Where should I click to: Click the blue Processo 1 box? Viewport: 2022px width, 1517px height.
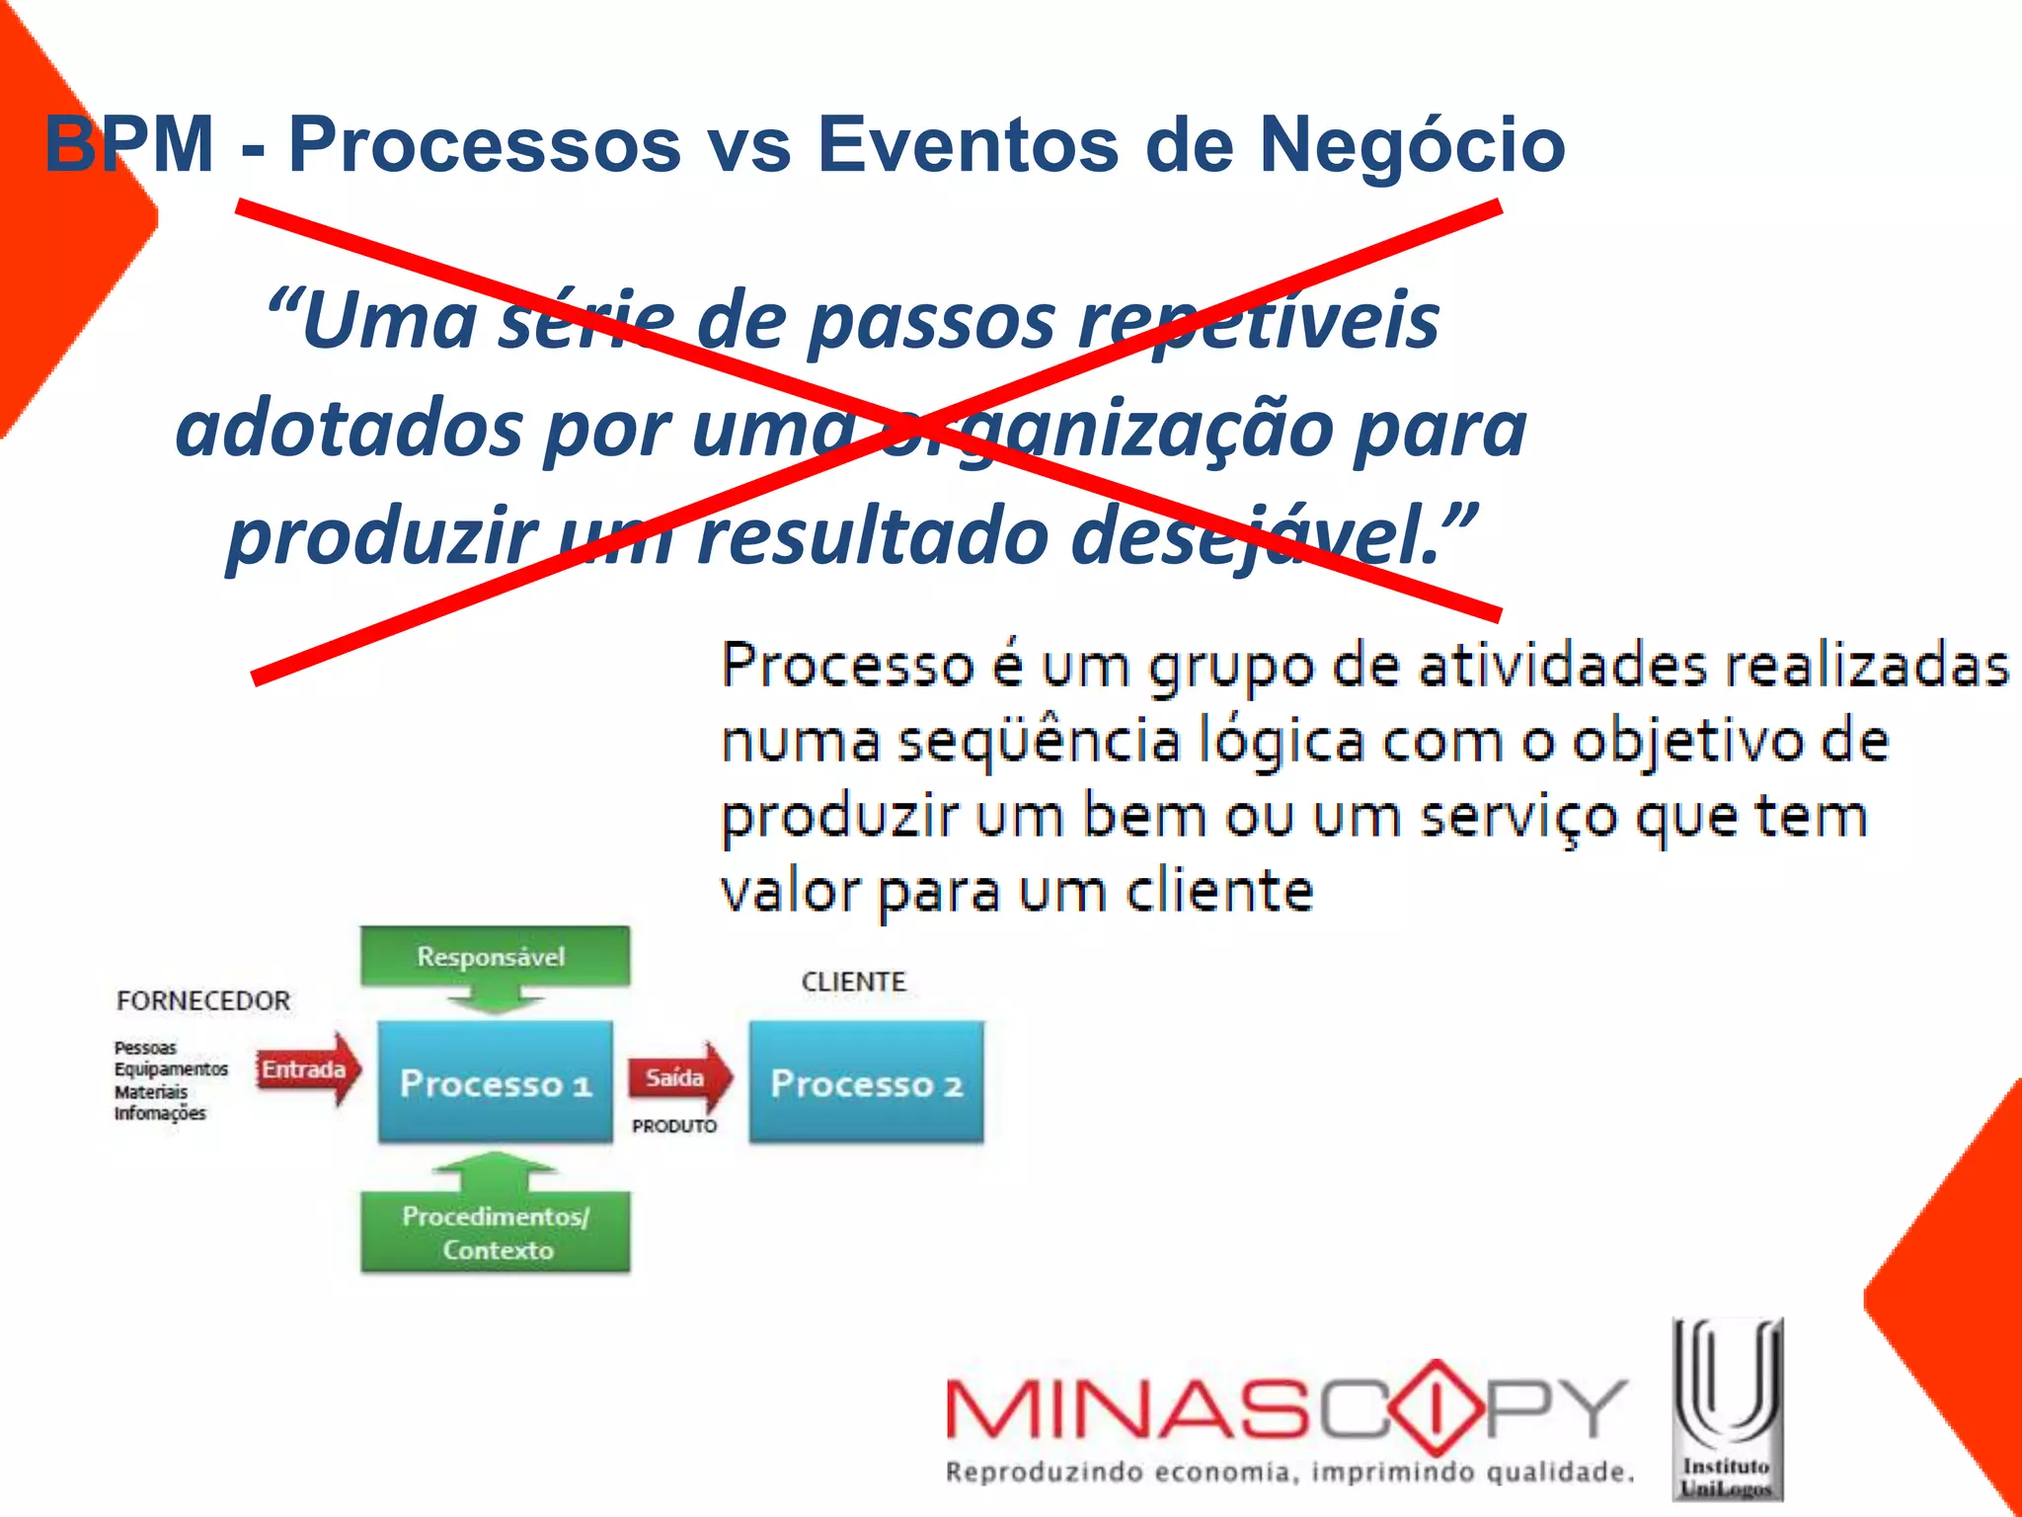495,1082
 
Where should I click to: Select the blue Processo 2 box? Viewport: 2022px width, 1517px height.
866,1082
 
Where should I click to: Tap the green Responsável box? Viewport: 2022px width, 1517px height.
494,956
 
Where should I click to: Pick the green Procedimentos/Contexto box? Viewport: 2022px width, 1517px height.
496,1233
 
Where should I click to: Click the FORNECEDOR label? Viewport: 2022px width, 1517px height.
203,1000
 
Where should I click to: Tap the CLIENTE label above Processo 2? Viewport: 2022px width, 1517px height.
853,982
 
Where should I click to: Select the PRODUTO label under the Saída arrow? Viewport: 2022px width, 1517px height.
674,1126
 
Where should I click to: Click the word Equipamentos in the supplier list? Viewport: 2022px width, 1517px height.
171,1070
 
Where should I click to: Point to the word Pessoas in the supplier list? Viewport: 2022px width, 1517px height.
145,1048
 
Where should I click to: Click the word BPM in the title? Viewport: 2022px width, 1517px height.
129,145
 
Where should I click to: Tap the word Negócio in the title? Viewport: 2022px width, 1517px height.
1412,145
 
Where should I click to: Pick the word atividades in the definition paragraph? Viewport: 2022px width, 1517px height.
1563,666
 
